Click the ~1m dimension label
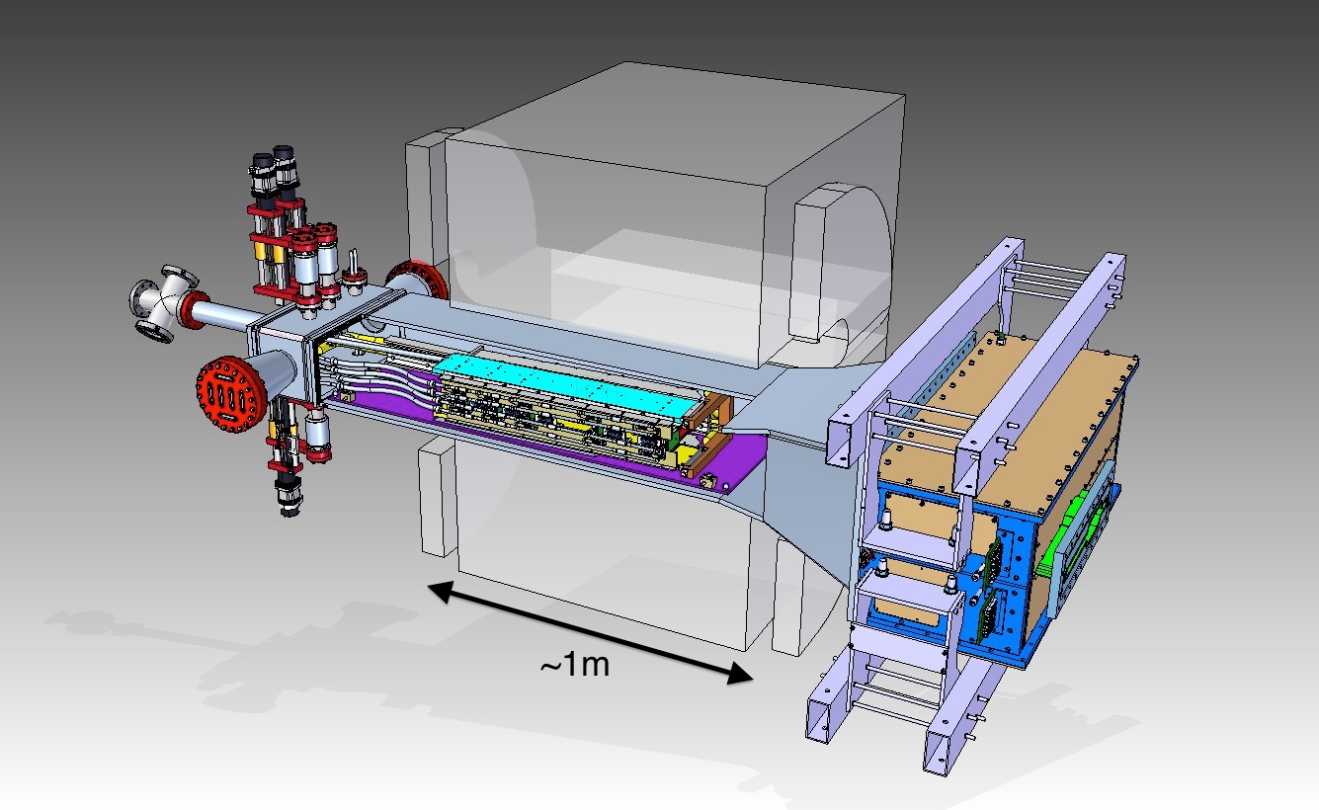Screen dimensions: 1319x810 point(575,665)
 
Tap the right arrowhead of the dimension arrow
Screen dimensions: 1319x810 point(740,673)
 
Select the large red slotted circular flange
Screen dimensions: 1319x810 point(231,394)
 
